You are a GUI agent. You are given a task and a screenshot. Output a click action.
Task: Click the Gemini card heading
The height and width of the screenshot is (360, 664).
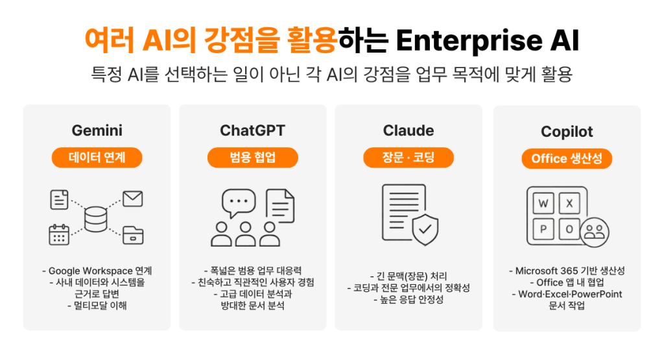coord(97,130)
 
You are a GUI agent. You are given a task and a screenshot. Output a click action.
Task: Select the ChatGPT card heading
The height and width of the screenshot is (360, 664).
coord(252,130)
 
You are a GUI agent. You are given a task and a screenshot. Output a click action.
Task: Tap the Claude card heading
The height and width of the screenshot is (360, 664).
coord(409,130)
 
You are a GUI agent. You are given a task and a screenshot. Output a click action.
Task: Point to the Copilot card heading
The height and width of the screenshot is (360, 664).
coord(567,132)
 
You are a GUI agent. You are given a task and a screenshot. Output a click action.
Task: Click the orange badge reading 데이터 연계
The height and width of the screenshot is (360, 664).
coord(97,158)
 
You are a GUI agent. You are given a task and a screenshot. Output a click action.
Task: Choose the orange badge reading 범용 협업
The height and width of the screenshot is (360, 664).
coord(253,158)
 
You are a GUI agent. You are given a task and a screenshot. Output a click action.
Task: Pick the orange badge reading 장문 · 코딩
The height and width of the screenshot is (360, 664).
coord(409,158)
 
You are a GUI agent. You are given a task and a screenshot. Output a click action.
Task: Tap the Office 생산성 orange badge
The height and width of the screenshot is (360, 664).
coord(567,159)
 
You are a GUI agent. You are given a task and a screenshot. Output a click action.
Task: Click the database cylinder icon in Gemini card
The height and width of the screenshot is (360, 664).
coord(96,219)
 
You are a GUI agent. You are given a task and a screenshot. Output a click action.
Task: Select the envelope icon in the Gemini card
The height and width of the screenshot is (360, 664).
coord(132,198)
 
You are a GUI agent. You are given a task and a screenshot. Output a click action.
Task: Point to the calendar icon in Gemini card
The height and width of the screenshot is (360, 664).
coord(59,235)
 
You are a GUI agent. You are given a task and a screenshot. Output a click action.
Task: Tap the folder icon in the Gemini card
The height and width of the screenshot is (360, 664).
coord(133,235)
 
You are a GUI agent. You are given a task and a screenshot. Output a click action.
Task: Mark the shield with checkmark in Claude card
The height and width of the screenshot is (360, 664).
coord(425,230)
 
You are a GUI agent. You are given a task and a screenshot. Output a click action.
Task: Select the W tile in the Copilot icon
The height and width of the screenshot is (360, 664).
coord(543,204)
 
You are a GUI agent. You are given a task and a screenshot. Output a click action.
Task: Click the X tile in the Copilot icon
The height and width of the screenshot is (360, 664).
coord(569,204)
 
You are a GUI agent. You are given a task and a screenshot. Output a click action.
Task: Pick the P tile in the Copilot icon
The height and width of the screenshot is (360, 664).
coord(543,230)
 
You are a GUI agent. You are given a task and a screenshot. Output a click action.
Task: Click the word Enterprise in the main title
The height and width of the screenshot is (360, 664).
coord(469,41)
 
